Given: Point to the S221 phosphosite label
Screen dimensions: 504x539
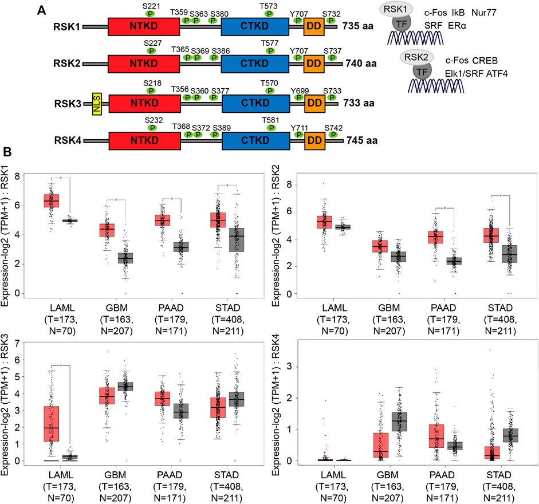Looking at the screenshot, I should click(152, 5).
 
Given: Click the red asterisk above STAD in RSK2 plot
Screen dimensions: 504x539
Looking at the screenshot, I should click(501, 196).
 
